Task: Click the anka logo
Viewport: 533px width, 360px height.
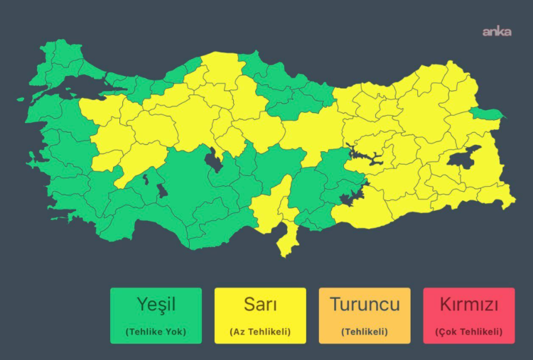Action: tap(497, 32)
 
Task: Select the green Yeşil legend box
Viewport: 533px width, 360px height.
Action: tap(156, 315)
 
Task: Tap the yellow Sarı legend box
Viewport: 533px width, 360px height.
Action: tap(260, 315)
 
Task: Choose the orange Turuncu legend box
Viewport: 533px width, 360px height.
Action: tap(365, 315)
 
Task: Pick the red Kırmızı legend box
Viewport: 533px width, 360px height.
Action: tap(468, 315)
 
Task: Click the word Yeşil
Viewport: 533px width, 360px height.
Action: tap(156, 305)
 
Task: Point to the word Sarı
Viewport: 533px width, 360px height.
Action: tap(260, 305)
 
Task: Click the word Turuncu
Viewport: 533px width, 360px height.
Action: tap(365, 305)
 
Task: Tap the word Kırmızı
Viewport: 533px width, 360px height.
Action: tap(468, 305)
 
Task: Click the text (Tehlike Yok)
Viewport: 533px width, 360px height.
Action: tap(156, 332)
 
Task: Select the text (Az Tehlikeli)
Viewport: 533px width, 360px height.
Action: tap(260, 332)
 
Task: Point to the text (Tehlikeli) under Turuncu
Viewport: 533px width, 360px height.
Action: tap(365, 332)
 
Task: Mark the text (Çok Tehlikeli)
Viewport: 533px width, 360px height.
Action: tap(468, 332)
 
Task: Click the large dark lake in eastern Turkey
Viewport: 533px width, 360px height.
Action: tap(465, 160)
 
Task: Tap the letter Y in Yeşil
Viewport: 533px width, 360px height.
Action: tap(141, 305)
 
